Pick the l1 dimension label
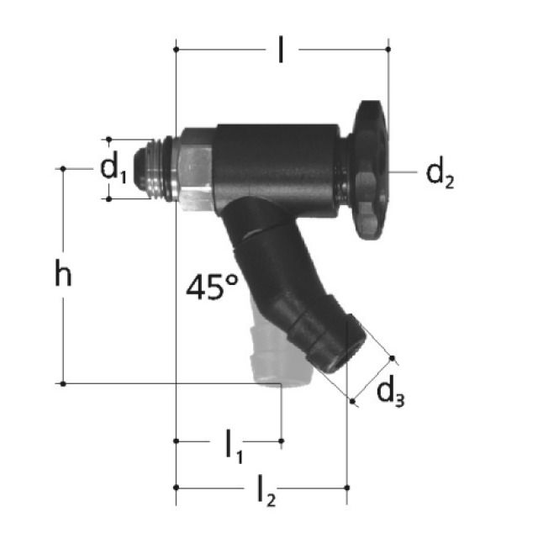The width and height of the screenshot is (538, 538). point(233,446)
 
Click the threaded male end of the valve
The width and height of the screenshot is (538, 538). point(157,169)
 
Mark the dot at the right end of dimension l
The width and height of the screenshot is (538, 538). point(388,50)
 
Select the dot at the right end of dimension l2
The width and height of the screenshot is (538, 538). point(346,487)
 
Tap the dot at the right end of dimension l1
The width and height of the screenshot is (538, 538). point(281,440)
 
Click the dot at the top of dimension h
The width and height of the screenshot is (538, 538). point(63,169)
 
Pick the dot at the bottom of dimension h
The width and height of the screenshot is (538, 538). point(63,383)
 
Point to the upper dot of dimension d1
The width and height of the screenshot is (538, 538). point(108,140)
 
